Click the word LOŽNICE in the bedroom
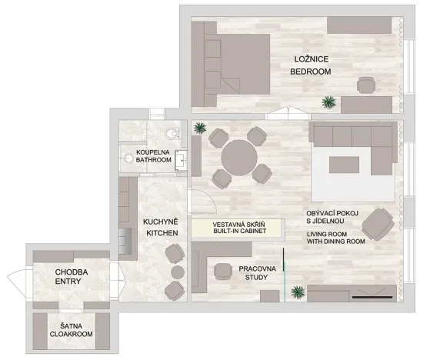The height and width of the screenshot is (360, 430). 310,59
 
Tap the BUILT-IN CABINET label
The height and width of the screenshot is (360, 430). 233,230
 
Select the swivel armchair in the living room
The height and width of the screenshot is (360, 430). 378,224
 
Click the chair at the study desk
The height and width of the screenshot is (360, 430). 224,270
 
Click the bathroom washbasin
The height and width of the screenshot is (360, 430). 182,160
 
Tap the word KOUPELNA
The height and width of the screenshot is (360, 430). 153,152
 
